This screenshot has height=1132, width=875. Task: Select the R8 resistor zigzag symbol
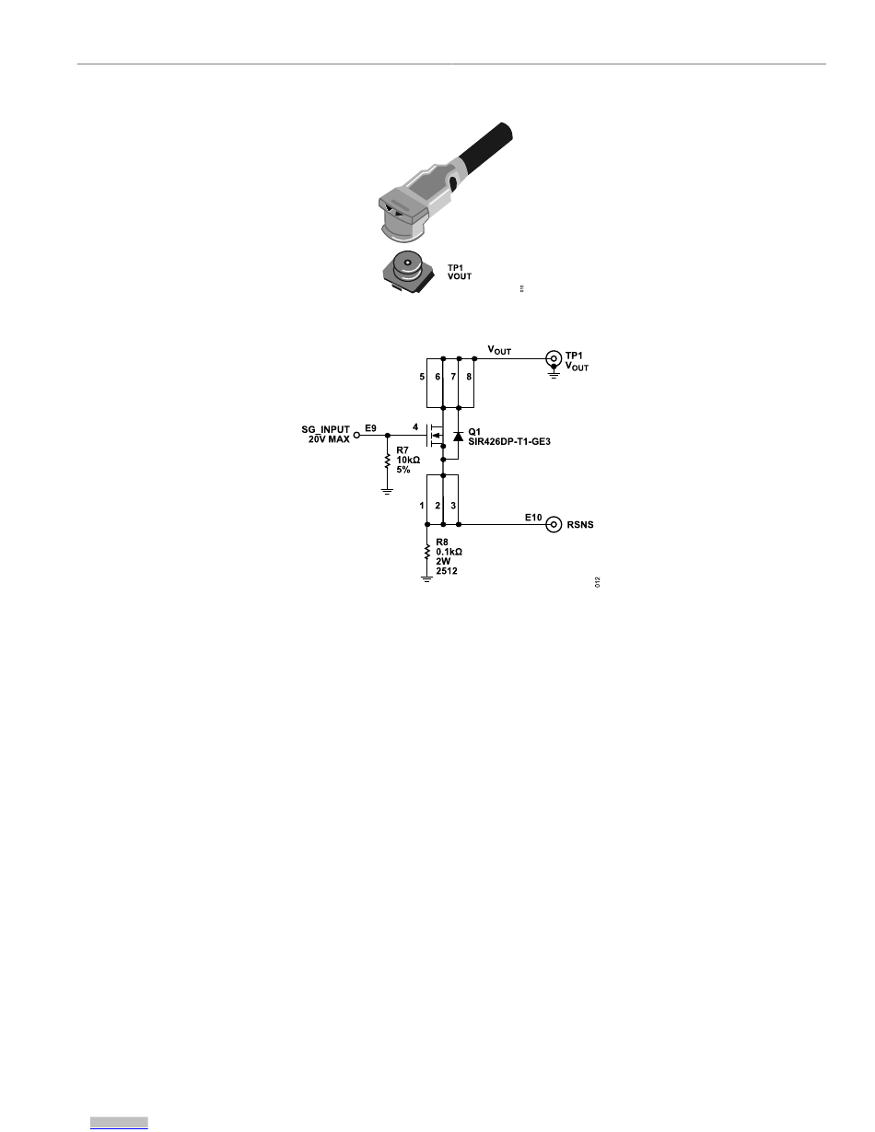(427, 553)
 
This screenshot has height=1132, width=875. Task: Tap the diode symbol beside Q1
(458, 435)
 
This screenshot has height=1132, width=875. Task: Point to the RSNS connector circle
(554, 525)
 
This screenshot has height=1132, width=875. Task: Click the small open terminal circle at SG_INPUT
(357, 434)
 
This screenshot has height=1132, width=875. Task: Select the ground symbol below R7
(388, 490)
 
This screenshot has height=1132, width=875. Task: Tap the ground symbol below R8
(427, 578)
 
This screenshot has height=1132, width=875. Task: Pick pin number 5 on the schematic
(422, 377)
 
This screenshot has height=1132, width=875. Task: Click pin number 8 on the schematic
(469, 377)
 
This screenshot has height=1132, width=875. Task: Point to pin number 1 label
(422, 506)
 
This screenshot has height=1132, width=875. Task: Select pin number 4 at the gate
(415, 426)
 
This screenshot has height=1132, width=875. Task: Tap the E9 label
(370, 427)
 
